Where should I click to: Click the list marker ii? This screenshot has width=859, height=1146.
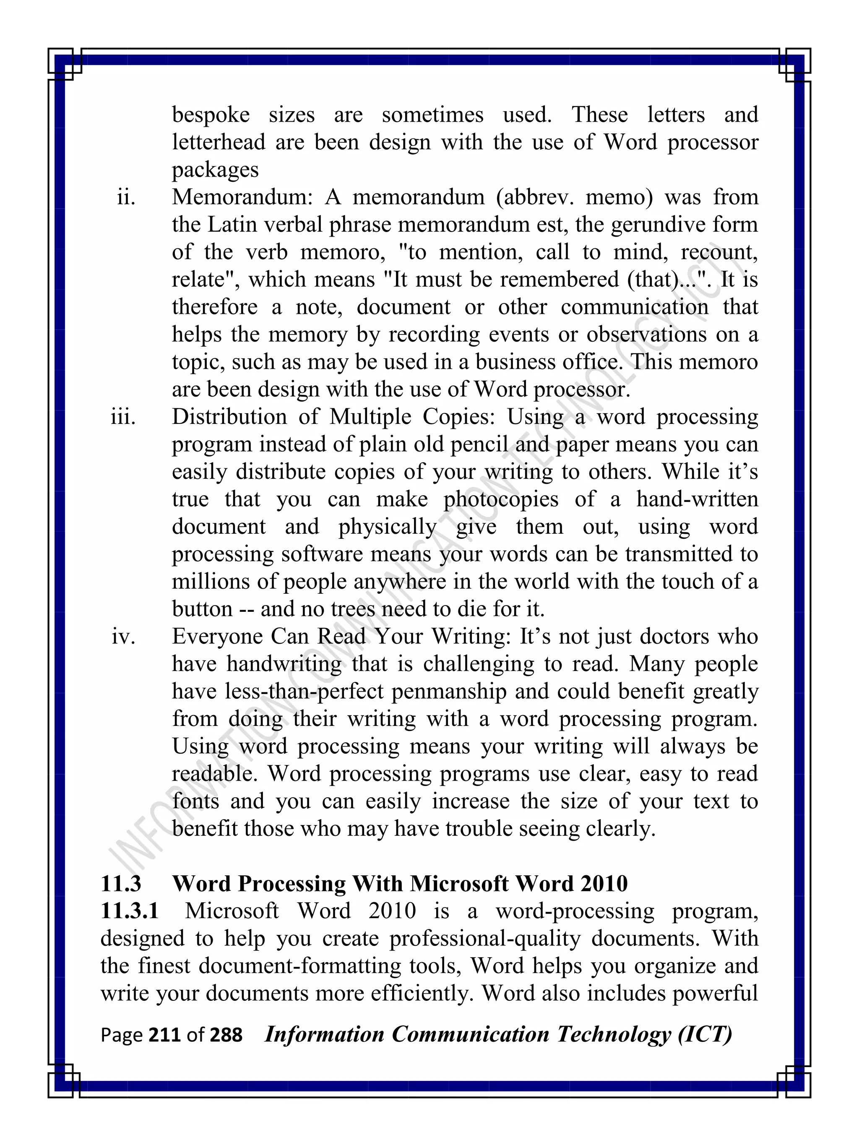[126, 197]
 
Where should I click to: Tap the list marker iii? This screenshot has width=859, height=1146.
[123, 417]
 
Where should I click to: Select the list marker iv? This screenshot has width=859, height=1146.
[124, 637]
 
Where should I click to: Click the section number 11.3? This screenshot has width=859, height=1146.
[121, 883]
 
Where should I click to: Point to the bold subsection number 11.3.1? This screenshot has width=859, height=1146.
[130, 911]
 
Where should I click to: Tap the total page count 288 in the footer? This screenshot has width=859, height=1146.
[226, 1035]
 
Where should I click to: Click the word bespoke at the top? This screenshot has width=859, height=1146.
[211, 115]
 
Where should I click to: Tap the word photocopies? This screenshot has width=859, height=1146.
[501, 499]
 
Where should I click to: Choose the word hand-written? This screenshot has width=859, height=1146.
[697, 499]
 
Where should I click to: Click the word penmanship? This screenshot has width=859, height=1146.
[448, 692]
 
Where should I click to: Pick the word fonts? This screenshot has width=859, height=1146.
[195, 801]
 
